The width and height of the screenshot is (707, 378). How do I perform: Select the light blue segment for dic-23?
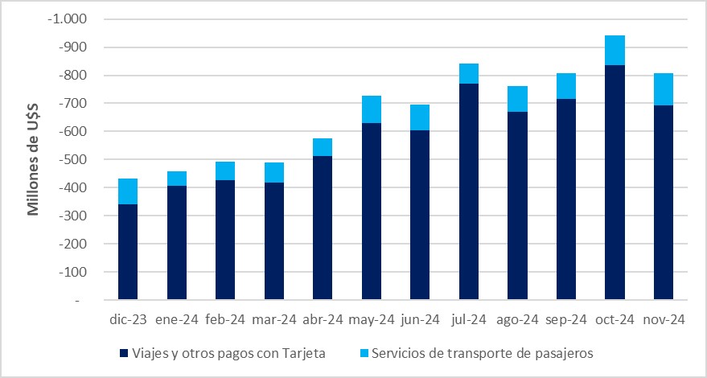(x=128, y=191)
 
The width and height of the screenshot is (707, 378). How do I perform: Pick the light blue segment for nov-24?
(x=664, y=89)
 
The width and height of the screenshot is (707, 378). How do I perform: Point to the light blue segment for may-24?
(x=372, y=109)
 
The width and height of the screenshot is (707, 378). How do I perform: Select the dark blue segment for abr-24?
(x=323, y=228)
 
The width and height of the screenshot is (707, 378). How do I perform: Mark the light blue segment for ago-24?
(x=518, y=99)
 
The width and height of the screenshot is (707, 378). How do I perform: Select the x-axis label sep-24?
(x=566, y=319)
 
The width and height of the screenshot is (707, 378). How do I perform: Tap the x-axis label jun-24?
(x=420, y=319)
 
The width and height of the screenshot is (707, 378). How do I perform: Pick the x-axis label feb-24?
(x=225, y=319)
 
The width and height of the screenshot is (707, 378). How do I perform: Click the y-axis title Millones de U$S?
(x=34, y=160)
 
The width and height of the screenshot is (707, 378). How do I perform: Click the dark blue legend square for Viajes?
(x=123, y=354)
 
